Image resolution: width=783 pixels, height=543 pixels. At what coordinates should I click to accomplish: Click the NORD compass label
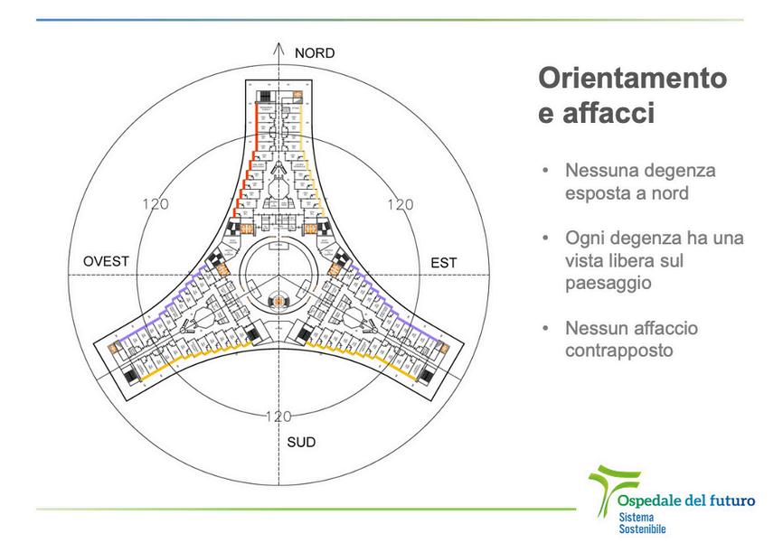coord(315,52)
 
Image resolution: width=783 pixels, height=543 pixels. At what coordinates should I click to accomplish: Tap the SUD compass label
coord(301,443)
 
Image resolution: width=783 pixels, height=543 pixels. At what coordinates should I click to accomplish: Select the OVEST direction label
coord(107,262)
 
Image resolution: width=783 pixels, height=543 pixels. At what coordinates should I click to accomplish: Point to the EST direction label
coord(444,263)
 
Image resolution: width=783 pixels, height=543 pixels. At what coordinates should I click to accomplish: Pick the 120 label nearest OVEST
coord(156,204)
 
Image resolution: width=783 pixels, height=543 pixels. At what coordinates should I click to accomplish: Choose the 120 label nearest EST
coord(400,205)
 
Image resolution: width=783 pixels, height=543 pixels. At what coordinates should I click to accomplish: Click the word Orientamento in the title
coord(632,79)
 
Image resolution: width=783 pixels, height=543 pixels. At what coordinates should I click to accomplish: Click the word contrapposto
coord(619,349)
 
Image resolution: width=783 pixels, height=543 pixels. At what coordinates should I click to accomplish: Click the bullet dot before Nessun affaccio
coord(545,327)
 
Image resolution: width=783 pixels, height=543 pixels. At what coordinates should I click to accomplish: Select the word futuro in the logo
coord(731,501)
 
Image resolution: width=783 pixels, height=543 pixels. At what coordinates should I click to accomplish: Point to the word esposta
coord(597,192)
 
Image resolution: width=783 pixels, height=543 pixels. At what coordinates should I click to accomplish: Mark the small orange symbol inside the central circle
coord(280,299)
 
